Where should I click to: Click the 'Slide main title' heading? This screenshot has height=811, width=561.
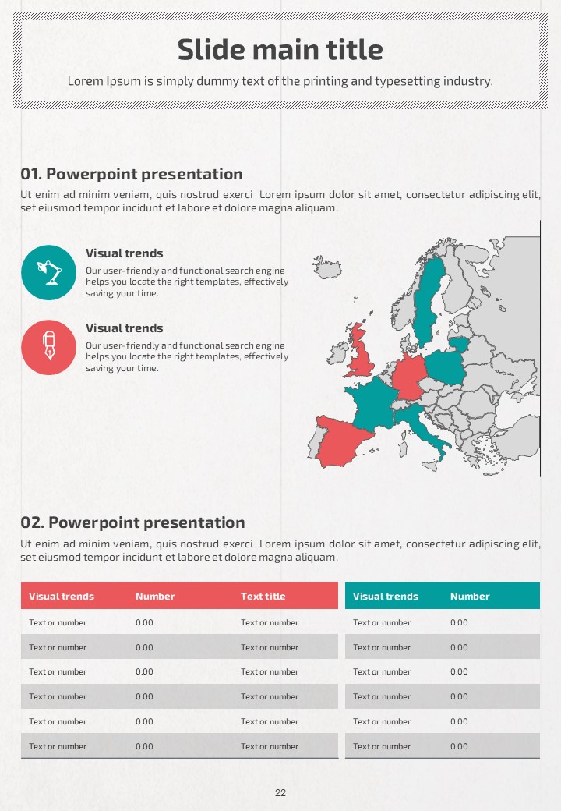tap(280, 50)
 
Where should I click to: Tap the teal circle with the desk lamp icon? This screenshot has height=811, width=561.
tap(48, 272)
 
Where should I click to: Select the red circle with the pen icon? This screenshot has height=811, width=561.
tap(48, 347)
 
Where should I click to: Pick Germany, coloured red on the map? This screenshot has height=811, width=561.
tap(408, 378)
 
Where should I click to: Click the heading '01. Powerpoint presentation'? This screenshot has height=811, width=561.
tap(132, 174)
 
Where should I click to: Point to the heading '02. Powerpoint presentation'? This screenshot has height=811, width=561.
tap(132, 522)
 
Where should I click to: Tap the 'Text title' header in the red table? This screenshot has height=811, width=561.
tap(263, 596)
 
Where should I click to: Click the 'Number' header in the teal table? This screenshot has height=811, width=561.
tap(470, 596)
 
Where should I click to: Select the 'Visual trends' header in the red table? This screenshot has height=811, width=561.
tap(62, 596)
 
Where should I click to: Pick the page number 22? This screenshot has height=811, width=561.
tap(280, 793)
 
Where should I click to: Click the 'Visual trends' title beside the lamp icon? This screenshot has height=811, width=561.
tap(125, 253)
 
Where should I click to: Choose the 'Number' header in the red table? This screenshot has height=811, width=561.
tap(155, 596)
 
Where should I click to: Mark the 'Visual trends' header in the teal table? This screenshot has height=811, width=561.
tap(385, 596)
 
